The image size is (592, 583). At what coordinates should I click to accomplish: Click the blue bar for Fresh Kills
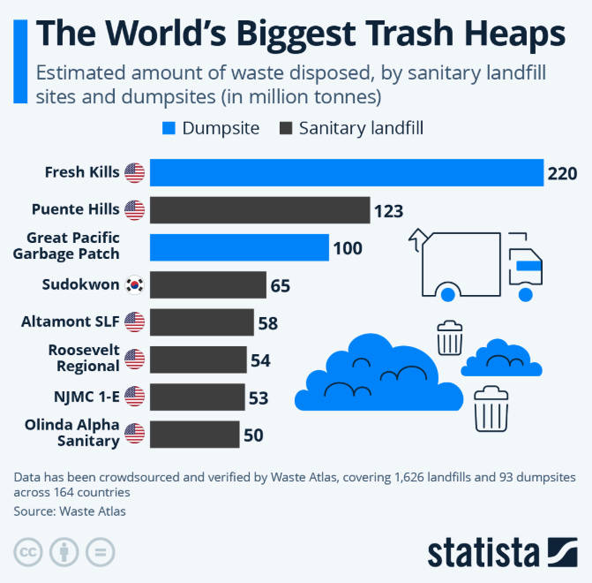click(x=346, y=172)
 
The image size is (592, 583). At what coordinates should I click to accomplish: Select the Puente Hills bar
click(x=259, y=210)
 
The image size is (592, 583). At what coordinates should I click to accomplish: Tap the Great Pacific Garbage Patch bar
click(x=239, y=247)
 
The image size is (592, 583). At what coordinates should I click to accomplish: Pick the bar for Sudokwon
click(x=208, y=284)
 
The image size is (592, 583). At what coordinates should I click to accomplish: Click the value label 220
click(x=562, y=173)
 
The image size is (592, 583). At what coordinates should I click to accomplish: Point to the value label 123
click(x=388, y=211)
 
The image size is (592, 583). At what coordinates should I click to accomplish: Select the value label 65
click(x=281, y=285)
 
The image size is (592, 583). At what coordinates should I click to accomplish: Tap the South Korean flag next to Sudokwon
click(x=134, y=284)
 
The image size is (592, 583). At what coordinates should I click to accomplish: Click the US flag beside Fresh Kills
click(x=134, y=172)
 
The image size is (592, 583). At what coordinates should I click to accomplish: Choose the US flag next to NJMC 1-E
click(x=134, y=396)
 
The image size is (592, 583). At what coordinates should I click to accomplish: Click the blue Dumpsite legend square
click(x=170, y=128)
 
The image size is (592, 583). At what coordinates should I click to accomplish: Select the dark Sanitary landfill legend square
click(x=286, y=128)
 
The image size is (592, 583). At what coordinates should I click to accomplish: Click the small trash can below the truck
click(x=449, y=337)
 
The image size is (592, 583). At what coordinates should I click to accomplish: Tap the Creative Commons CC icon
click(x=28, y=551)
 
